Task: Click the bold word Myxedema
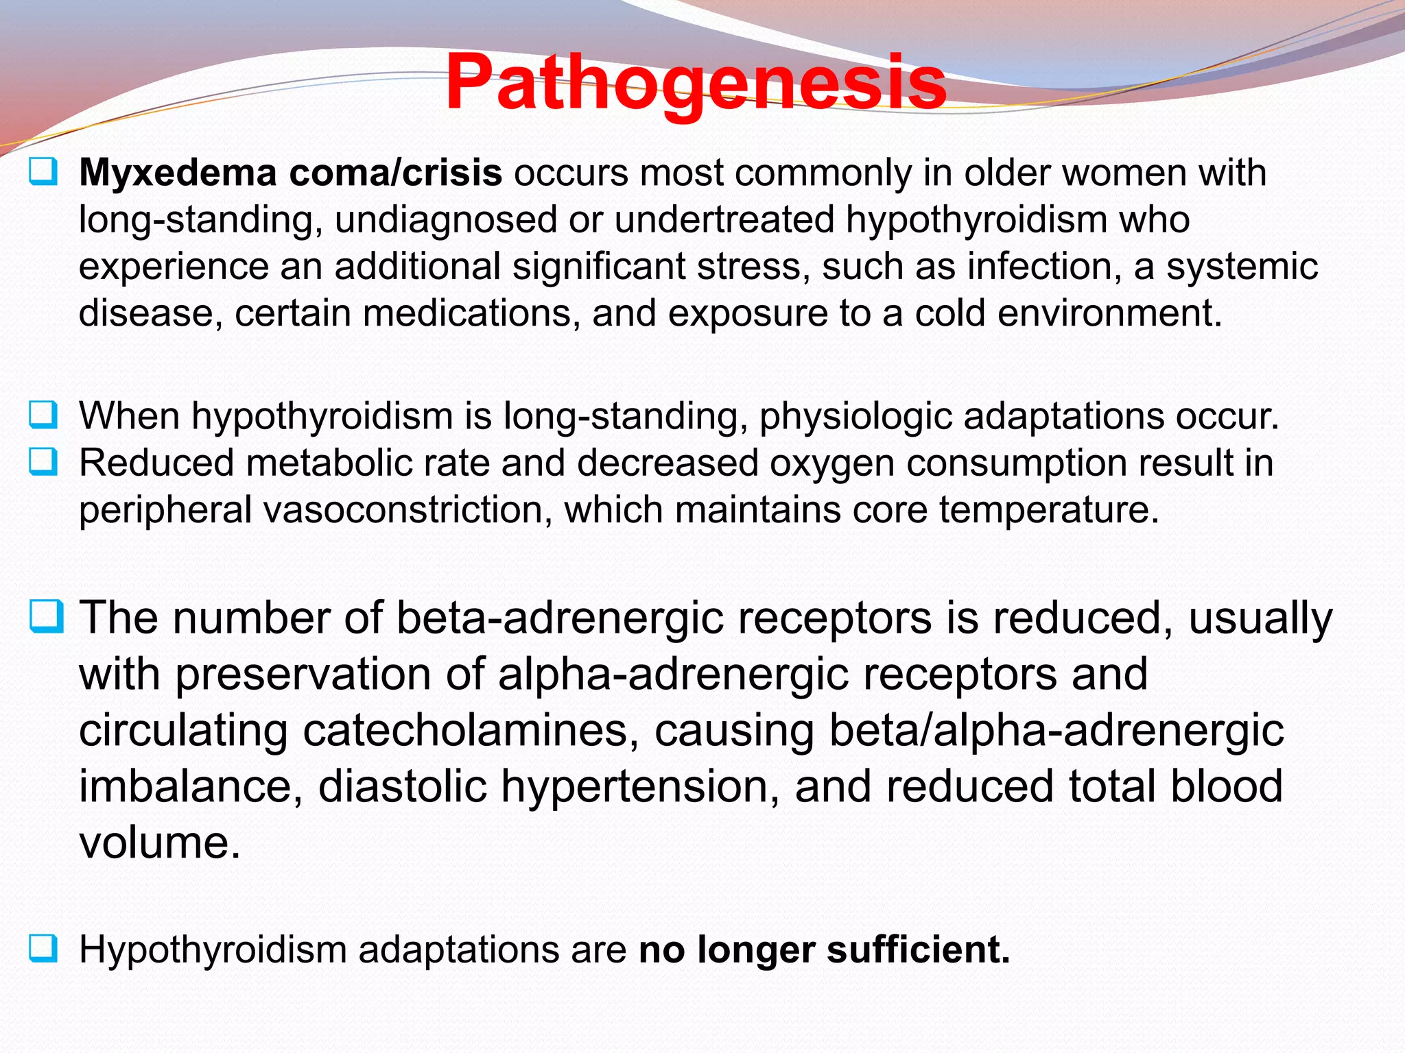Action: point(177,173)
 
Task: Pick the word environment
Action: point(1109,313)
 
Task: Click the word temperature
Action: point(1048,510)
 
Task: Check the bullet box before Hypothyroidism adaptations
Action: point(43,949)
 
